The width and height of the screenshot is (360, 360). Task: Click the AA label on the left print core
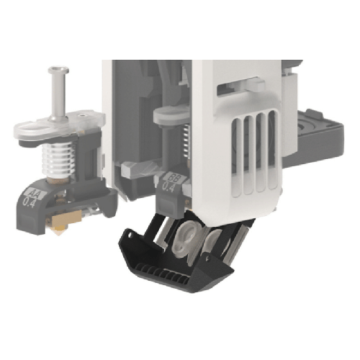pos(33,192)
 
